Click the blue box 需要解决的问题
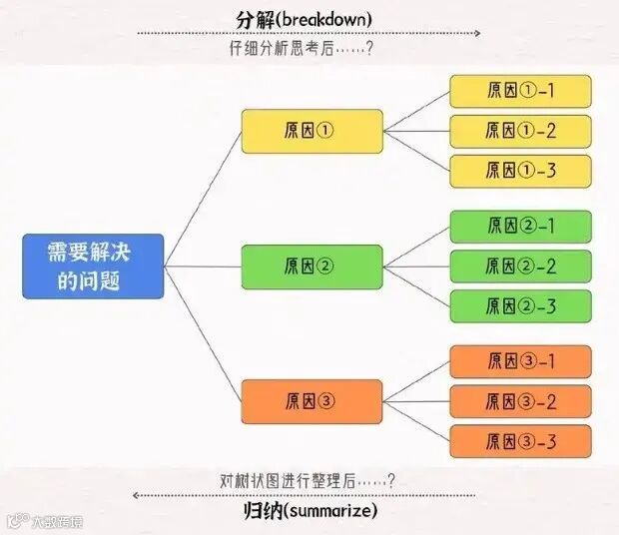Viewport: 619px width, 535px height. point(93,266)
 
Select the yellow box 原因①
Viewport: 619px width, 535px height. point(311,131)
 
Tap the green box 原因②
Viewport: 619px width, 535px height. point(311,267)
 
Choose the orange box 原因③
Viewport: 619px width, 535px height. point(311,401)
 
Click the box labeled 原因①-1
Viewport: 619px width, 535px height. point(519,91)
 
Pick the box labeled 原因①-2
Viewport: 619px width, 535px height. point(519,131)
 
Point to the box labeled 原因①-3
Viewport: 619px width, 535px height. point(519,171)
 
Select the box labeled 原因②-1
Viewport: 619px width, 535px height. point(519,227)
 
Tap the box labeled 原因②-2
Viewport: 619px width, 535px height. point(519,267)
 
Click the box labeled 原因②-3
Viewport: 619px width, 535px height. point(519,306)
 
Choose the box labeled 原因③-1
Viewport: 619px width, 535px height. point(519,361)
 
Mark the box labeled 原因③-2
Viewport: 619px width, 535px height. point(519,401)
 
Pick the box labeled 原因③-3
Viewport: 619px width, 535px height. point(519,441)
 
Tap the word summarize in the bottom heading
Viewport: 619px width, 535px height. point(329,512)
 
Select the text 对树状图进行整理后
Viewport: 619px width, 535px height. point(297,480)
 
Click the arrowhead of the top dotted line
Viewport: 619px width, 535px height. point(476,33)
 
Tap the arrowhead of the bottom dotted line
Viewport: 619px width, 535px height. point(137,495)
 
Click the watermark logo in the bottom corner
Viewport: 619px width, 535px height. point(15,520)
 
